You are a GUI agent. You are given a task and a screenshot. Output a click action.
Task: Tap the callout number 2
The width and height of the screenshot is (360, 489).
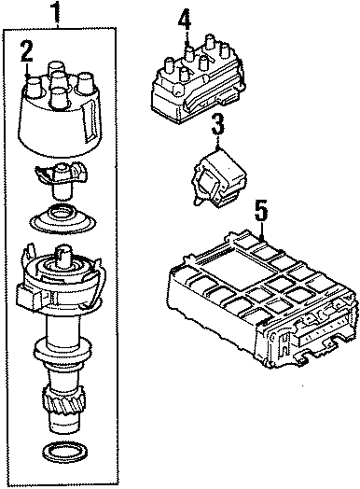click(28, 51)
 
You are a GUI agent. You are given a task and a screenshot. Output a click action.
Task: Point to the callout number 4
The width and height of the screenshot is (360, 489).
click(185, 18)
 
